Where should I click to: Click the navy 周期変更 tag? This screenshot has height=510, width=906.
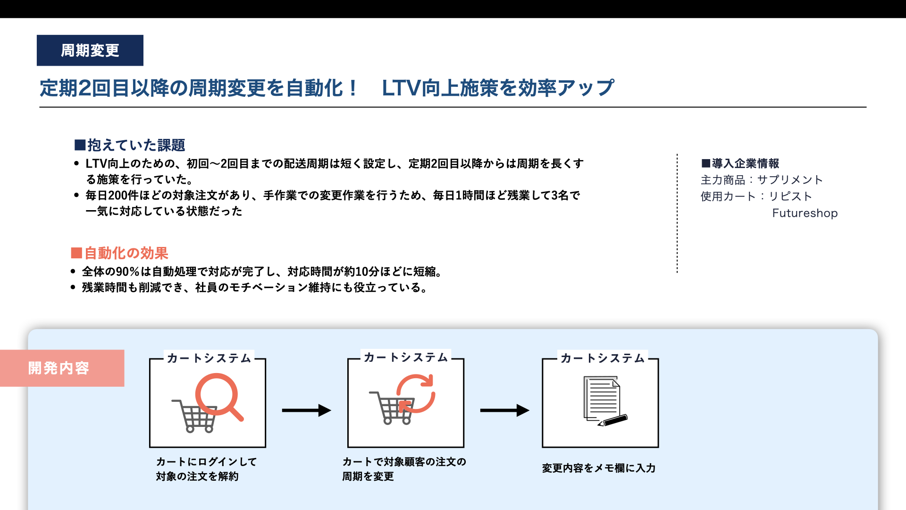(x=90, y=50)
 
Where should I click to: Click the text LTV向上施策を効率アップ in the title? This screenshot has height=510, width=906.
(x=498, y=88)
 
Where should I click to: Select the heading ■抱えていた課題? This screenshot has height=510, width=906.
(x=129, y=145)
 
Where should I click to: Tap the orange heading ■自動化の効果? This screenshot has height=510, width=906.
(x=119, y=253)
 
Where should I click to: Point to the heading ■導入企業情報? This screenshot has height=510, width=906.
(x=740, y=163)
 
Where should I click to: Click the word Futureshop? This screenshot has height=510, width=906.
(x=805, y=213)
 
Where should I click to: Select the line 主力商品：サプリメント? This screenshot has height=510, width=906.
(x=762, y=180)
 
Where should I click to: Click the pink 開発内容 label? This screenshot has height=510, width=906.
(x=62, y=368)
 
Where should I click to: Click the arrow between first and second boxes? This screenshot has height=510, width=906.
(x=306, y=410)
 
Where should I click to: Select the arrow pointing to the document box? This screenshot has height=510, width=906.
(x=504, y=410)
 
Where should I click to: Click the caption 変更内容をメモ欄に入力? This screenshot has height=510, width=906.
(x=599, y=468)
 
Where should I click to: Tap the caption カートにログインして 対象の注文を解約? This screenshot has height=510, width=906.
(x=206, y=469)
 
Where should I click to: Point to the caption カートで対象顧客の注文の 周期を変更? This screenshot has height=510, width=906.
(x=404, y=469)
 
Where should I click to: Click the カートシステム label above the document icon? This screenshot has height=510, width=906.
(x=603, y=358)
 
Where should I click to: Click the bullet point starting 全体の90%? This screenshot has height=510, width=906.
(x=257, y=272)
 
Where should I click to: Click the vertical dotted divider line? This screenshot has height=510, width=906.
(x=677, y=213)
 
